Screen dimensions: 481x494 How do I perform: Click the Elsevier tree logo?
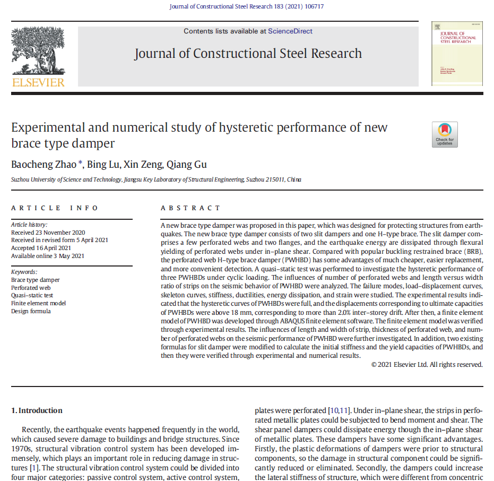(x=38, y=50)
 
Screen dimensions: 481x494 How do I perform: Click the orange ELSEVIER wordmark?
(x=38, y=82)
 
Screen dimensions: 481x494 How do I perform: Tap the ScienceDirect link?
(x=290, y=31)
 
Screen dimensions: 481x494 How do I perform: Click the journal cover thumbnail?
(x=457, y=54)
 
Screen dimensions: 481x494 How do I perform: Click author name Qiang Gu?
(x=189, y=165)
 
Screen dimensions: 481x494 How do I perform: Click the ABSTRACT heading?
(x=190, y=208)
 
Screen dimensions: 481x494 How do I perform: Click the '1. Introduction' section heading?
(x=37, y=410)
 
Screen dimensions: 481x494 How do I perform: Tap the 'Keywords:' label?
(x=25, y=272)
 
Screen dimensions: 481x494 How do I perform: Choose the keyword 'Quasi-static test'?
(x=32, y=295)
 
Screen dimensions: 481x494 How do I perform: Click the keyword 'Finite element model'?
(x=38, y=303)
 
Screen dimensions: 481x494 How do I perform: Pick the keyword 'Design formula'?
(x=31, y=311)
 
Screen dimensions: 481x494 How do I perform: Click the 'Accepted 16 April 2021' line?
(x=41, y=248)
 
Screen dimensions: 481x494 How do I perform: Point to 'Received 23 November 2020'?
(x=48, y=233)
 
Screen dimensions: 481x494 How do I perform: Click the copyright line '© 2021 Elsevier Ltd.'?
(x=427, y=364)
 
